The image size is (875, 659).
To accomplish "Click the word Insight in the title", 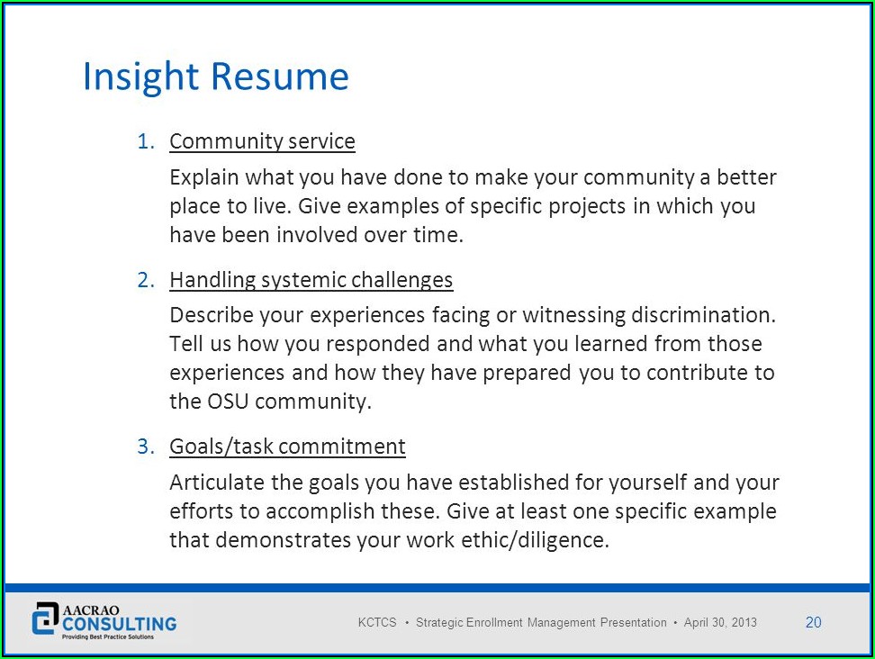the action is (x=140, y=77).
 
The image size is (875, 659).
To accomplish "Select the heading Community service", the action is (x=262, y=141).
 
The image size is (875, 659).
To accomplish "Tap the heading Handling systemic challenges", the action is (x=311, y=280).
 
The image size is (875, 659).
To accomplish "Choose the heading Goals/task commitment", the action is (x=287, y=447).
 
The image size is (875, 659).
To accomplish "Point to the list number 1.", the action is (x=146, y=141).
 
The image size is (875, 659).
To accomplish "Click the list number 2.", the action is (x=146, y=280).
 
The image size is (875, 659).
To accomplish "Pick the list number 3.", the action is (x=146, y=447).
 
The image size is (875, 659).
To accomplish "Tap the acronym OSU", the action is (x=228, y=402).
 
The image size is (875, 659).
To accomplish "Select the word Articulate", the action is (x=217, y=483).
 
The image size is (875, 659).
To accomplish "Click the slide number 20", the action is (x=813, y=622).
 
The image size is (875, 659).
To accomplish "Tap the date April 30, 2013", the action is (x=720, y=622).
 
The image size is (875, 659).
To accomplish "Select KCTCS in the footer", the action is (x=377, y=622).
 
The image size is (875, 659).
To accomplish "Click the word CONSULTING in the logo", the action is (x=120, y=624).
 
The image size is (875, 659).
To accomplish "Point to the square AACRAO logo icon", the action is (x=45, y=618).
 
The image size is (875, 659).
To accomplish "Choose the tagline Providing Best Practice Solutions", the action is (x=108, y=636).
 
